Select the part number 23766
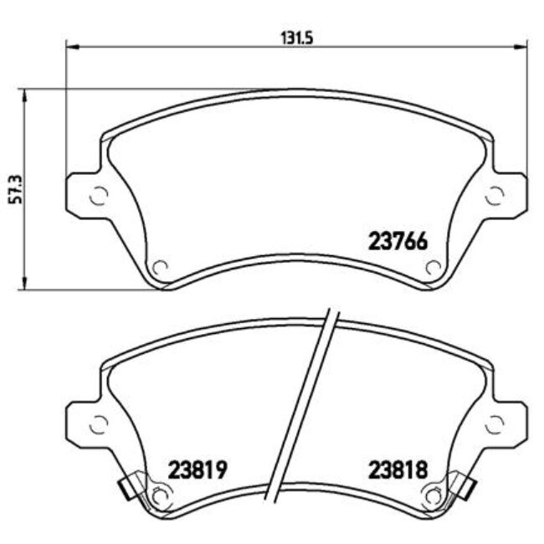tap(398, 242)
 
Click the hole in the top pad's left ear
tap(97, 196)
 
